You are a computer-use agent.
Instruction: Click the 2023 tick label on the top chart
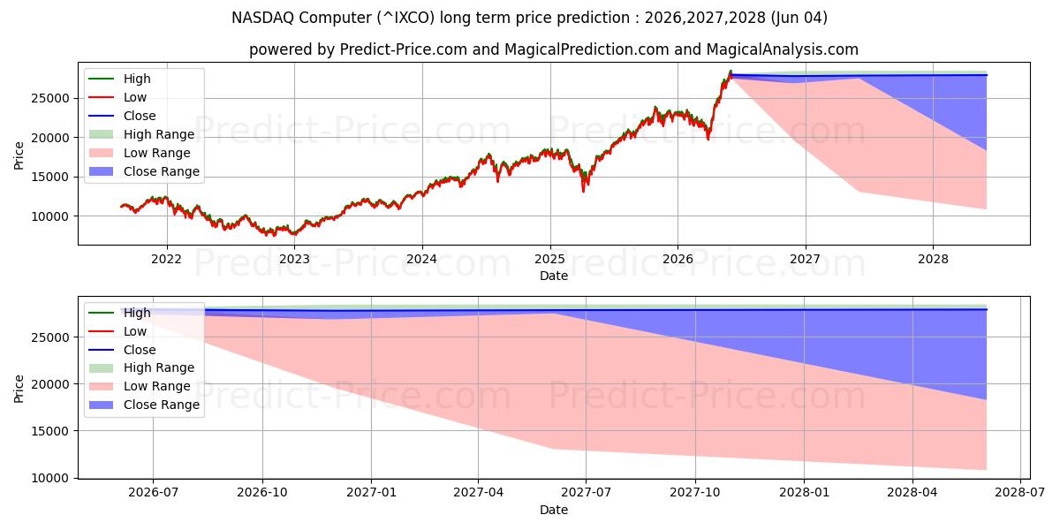tap(294, 260)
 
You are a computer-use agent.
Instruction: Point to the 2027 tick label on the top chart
tap(806, 260)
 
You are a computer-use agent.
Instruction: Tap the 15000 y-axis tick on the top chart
tap(50, 177)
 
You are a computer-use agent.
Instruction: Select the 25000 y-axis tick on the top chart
tap(50, 98)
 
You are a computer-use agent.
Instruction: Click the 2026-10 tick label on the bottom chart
tap(262, 493)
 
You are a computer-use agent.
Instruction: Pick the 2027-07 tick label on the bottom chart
tap(586, 493)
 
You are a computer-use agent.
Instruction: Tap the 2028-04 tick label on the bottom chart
tap(912, 493)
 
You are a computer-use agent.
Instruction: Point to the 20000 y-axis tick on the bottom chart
tap(50, 384)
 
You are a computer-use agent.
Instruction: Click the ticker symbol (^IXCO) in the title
tap(405, 18)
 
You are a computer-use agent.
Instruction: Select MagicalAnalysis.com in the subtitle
tap(783, 49)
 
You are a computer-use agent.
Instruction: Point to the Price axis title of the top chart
tap(19, 155)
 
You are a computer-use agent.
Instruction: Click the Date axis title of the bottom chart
tap(554, 511)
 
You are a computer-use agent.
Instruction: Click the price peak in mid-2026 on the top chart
tap(731, 72)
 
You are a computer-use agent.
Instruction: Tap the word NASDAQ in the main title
tap(262, 18)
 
